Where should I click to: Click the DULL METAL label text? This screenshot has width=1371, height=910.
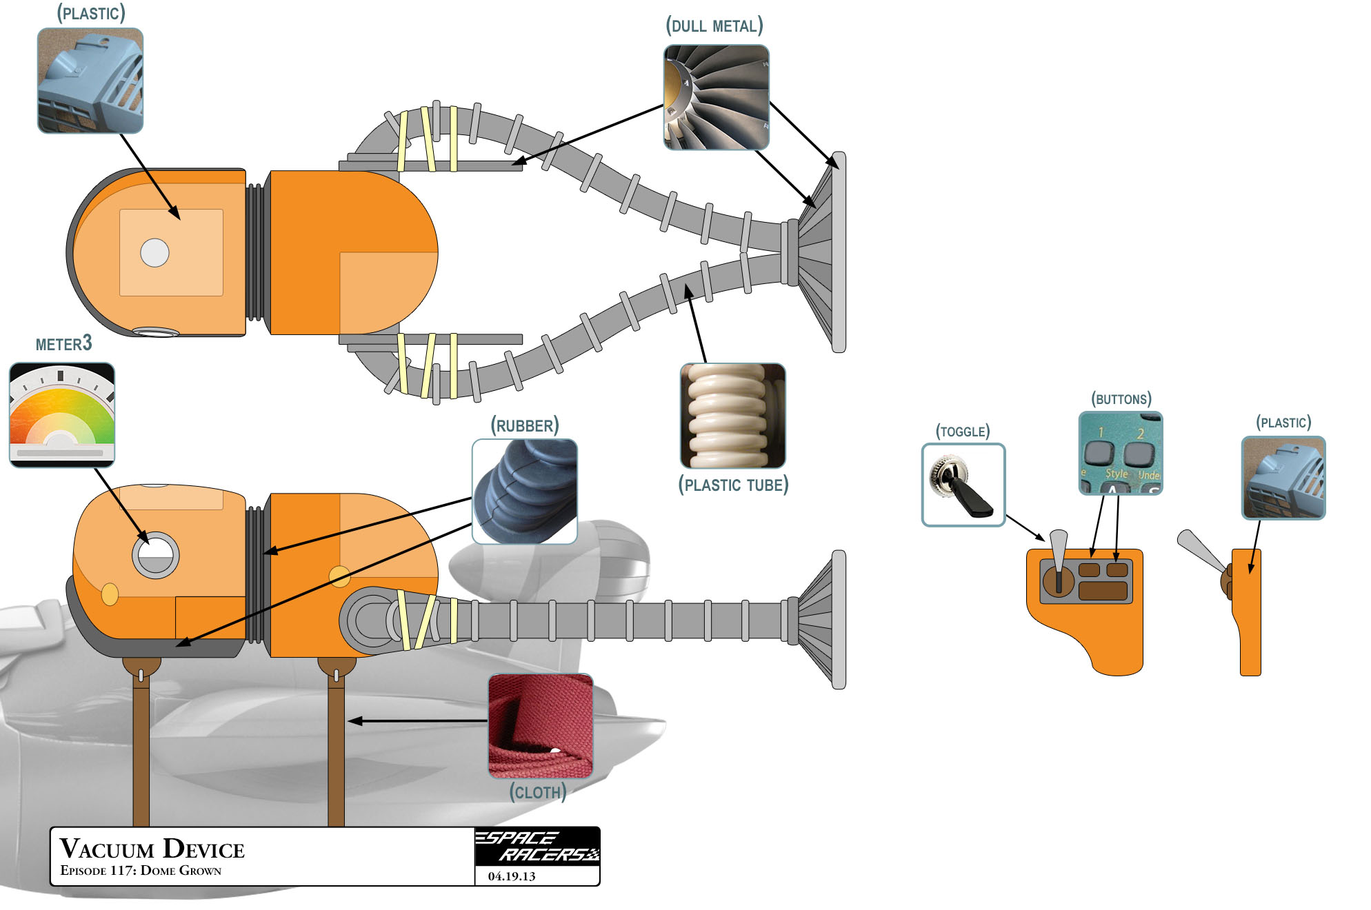coord(714,26)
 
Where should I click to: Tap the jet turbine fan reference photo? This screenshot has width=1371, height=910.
coord(716,97)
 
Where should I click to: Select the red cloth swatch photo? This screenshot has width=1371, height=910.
coord(540,726)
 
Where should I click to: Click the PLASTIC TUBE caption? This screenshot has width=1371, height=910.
coord(733,485)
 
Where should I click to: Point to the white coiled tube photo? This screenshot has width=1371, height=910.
coord(732,416)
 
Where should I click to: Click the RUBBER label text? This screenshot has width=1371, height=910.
coord(524,425)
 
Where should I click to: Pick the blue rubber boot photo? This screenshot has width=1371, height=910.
coord(524,492)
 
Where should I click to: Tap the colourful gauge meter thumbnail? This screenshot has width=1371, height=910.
coord(61,414)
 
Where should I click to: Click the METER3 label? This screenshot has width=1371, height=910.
coord(63,343)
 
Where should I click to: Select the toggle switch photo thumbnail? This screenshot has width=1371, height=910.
coord(963,485)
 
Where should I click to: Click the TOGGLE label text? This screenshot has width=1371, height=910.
coord(962,432)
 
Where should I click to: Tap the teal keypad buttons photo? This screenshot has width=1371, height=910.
coord(1120,453)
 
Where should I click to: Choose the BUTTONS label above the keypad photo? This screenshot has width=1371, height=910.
coord(1121,399)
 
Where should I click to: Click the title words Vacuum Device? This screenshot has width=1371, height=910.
coord(152,849)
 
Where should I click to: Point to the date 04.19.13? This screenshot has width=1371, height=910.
coord(511,876)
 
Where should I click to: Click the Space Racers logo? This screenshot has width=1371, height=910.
coord(537,846)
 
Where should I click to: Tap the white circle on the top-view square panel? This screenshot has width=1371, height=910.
coord(154,253)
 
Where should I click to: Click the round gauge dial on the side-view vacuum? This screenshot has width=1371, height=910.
coord(155,555)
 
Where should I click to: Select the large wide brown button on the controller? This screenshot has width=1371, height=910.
coord(1102,591)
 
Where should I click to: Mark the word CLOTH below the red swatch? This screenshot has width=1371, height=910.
coord(538,792)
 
